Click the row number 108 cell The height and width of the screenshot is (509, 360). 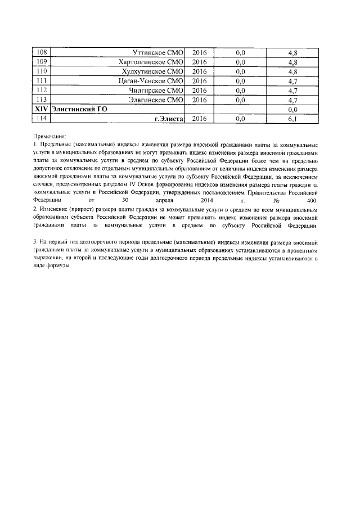(40, 52)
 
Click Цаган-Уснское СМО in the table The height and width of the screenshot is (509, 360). (151, 81)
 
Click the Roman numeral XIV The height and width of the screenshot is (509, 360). (40, 109)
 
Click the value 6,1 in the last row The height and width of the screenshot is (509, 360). (292, 119)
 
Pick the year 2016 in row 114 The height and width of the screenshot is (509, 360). (199, 119)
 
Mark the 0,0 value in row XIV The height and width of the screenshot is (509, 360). (292, 110)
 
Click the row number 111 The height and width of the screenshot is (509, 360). (40, 81)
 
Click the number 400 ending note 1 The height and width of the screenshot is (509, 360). (312, 200)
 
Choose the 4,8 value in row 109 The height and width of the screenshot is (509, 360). (292, 62)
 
